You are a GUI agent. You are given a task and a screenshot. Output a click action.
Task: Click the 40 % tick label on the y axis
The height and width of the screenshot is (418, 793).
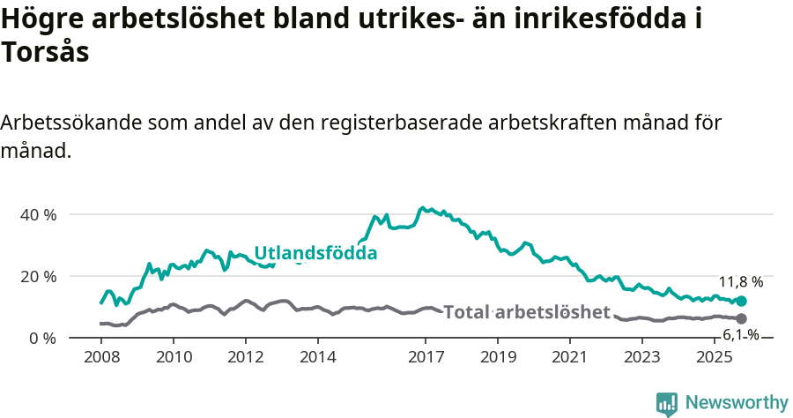37,214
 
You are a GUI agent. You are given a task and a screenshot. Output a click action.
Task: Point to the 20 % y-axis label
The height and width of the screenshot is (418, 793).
37,276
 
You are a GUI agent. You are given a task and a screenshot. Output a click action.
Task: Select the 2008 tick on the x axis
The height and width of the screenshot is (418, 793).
101,357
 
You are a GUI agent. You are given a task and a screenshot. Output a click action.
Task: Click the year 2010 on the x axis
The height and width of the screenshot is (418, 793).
174,357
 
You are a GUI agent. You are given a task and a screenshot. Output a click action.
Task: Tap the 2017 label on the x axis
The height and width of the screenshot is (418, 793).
426,357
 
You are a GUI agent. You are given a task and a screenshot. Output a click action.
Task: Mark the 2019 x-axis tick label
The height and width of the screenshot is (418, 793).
498,357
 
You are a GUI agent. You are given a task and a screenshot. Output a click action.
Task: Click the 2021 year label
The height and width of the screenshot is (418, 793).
569,357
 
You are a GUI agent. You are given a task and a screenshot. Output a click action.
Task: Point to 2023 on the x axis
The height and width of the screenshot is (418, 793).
641,357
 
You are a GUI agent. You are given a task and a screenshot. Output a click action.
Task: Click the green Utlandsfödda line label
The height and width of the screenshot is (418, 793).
315,254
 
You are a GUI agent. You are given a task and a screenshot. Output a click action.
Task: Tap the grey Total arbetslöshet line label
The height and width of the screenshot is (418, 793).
527,312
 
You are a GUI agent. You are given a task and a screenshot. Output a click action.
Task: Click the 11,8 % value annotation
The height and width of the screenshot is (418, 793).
741,282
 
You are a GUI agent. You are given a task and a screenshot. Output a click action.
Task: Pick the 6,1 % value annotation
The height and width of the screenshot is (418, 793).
741,335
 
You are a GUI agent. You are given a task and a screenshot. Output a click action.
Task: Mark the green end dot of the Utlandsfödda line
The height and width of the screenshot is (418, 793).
741,302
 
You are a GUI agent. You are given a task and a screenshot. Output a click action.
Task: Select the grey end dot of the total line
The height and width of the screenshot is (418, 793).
741,318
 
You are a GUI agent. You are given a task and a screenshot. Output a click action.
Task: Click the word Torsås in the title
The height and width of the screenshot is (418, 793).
45,53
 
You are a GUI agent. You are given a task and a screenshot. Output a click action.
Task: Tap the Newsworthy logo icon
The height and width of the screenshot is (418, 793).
667,403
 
